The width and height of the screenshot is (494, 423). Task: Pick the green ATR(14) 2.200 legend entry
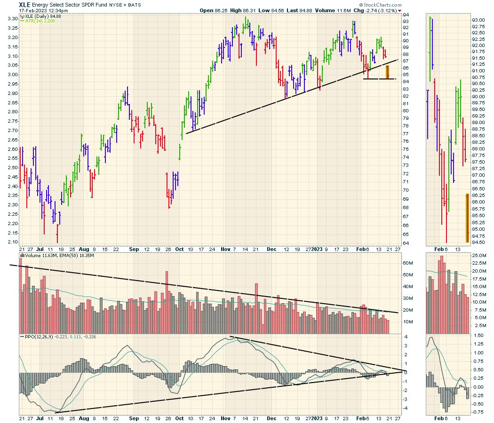[x=36, y=22]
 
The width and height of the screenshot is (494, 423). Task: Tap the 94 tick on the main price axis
[x=405, y=15]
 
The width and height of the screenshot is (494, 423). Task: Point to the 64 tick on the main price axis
[x=405, y=243]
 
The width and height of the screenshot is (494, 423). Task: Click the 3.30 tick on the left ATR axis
[x=13, y=19]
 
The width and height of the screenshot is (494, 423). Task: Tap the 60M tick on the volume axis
[x=407, y=263]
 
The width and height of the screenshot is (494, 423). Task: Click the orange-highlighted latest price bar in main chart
[x=388, y=72]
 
